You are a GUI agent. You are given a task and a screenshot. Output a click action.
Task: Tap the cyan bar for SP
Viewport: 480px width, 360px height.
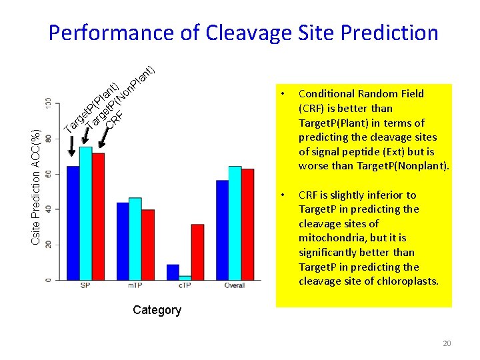[85, 213]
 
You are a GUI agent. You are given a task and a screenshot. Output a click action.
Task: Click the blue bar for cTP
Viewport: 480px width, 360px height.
[173, 272]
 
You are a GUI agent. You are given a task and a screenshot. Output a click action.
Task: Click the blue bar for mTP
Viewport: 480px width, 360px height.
[123, 241]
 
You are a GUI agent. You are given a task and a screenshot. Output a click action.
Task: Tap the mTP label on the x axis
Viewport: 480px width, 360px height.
[135, 286]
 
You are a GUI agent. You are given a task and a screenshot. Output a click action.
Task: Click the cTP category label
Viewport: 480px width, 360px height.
[185, 286]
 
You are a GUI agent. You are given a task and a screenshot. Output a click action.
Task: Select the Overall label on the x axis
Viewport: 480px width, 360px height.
[235, 286]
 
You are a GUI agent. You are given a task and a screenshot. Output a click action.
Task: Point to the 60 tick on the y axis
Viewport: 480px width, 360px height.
[48, 173]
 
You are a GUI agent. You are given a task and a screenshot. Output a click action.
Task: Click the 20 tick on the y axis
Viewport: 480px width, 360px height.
[48, 245]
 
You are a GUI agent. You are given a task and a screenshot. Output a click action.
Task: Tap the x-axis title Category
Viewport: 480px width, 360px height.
[157, 310]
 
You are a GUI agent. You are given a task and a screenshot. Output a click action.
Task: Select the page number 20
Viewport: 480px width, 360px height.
[446, 343]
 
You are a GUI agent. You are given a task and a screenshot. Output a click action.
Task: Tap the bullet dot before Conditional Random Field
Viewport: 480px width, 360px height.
[283, 93]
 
